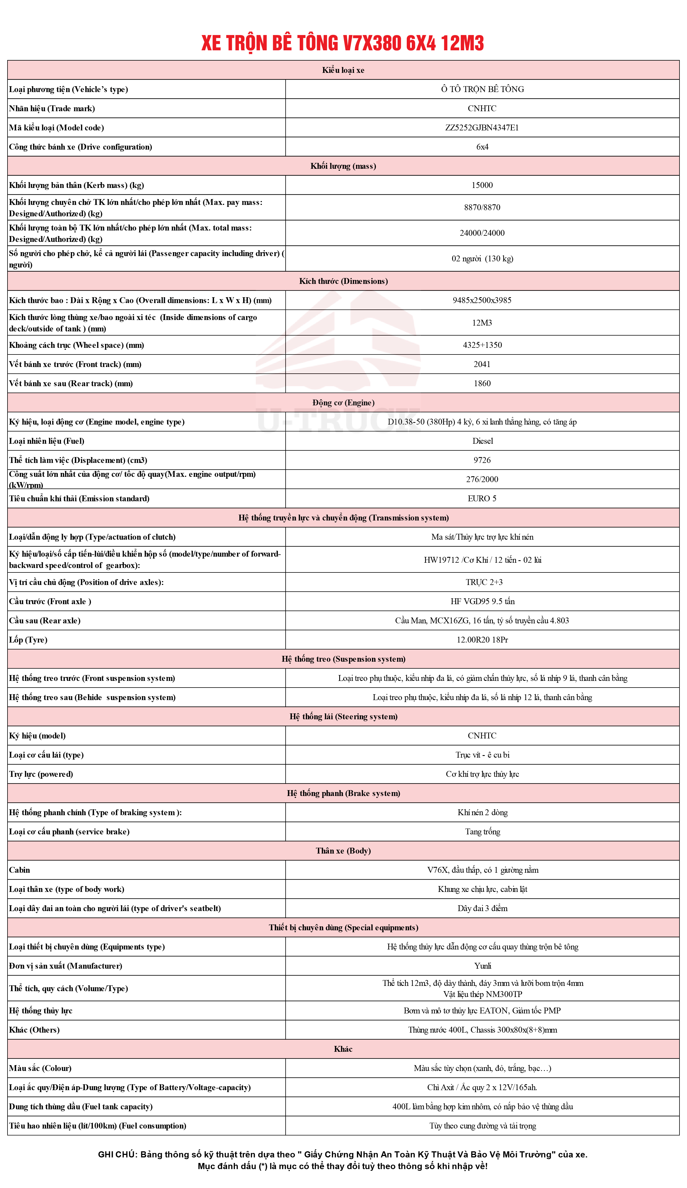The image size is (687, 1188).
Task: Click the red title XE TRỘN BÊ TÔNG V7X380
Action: click(342, 43)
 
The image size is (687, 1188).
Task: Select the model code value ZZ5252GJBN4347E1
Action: click(482, 128)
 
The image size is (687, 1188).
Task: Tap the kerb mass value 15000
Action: click(482, 185)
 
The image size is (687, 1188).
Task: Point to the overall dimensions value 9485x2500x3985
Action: click(482, 300)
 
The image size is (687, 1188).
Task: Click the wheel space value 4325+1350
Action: click(482, 345)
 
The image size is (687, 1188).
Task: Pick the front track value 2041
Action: click(482, 364)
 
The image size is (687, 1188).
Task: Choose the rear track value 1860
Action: click(482, 384)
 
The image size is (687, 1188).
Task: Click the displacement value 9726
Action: click(482, 460)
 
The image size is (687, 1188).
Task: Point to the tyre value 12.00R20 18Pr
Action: click(482, 640)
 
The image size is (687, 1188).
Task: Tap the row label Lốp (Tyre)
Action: click(28, 640)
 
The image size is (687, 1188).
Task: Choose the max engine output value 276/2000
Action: click(482, 479)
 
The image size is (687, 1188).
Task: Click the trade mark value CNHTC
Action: click(482, 108)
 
